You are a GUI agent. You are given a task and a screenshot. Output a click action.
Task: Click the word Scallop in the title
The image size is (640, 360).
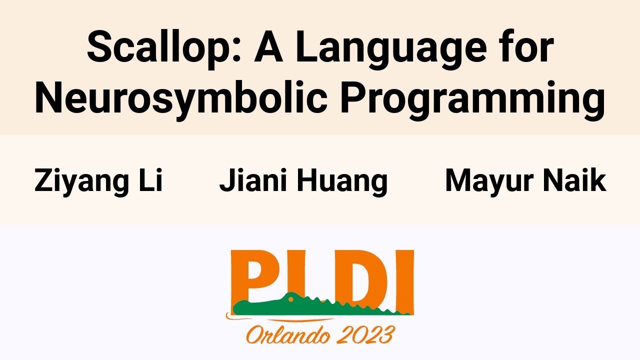[164, 48]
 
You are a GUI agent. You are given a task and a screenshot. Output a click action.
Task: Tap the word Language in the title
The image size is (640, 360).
[391, 49]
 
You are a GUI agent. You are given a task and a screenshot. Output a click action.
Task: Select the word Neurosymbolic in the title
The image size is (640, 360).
[181, 99]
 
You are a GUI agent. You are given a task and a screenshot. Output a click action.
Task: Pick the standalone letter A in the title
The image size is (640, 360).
[268, 47]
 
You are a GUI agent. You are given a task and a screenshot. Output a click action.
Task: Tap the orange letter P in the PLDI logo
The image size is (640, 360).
[251, 275]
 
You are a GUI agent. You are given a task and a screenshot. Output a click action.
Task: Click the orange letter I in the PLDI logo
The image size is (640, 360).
[404, 281]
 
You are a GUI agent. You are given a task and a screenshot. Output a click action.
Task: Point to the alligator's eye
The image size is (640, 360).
[291, 299]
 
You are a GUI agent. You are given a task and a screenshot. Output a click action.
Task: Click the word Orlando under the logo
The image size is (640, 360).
[288, 335]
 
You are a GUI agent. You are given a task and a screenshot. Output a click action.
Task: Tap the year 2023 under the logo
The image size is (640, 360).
[366, 334]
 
